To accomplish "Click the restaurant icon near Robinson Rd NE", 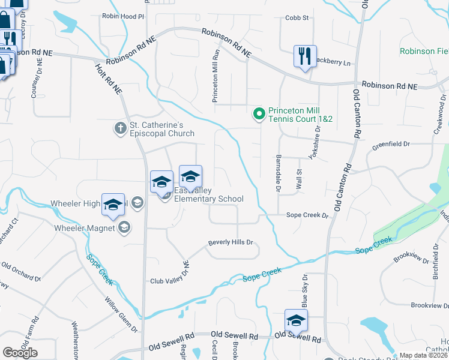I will [305, 57].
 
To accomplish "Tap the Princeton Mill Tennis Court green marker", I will [259, 113].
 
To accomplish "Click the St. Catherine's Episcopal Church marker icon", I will [120, 128].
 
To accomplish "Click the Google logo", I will [20, 353].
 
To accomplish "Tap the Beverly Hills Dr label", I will [231, 243].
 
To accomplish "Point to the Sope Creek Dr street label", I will [308, 215].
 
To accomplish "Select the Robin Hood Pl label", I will [124, 17].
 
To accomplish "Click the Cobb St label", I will [297, 18].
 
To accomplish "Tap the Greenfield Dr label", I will [390, 144].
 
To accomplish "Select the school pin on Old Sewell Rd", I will [296, 321].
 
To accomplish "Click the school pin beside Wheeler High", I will [113, 205].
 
